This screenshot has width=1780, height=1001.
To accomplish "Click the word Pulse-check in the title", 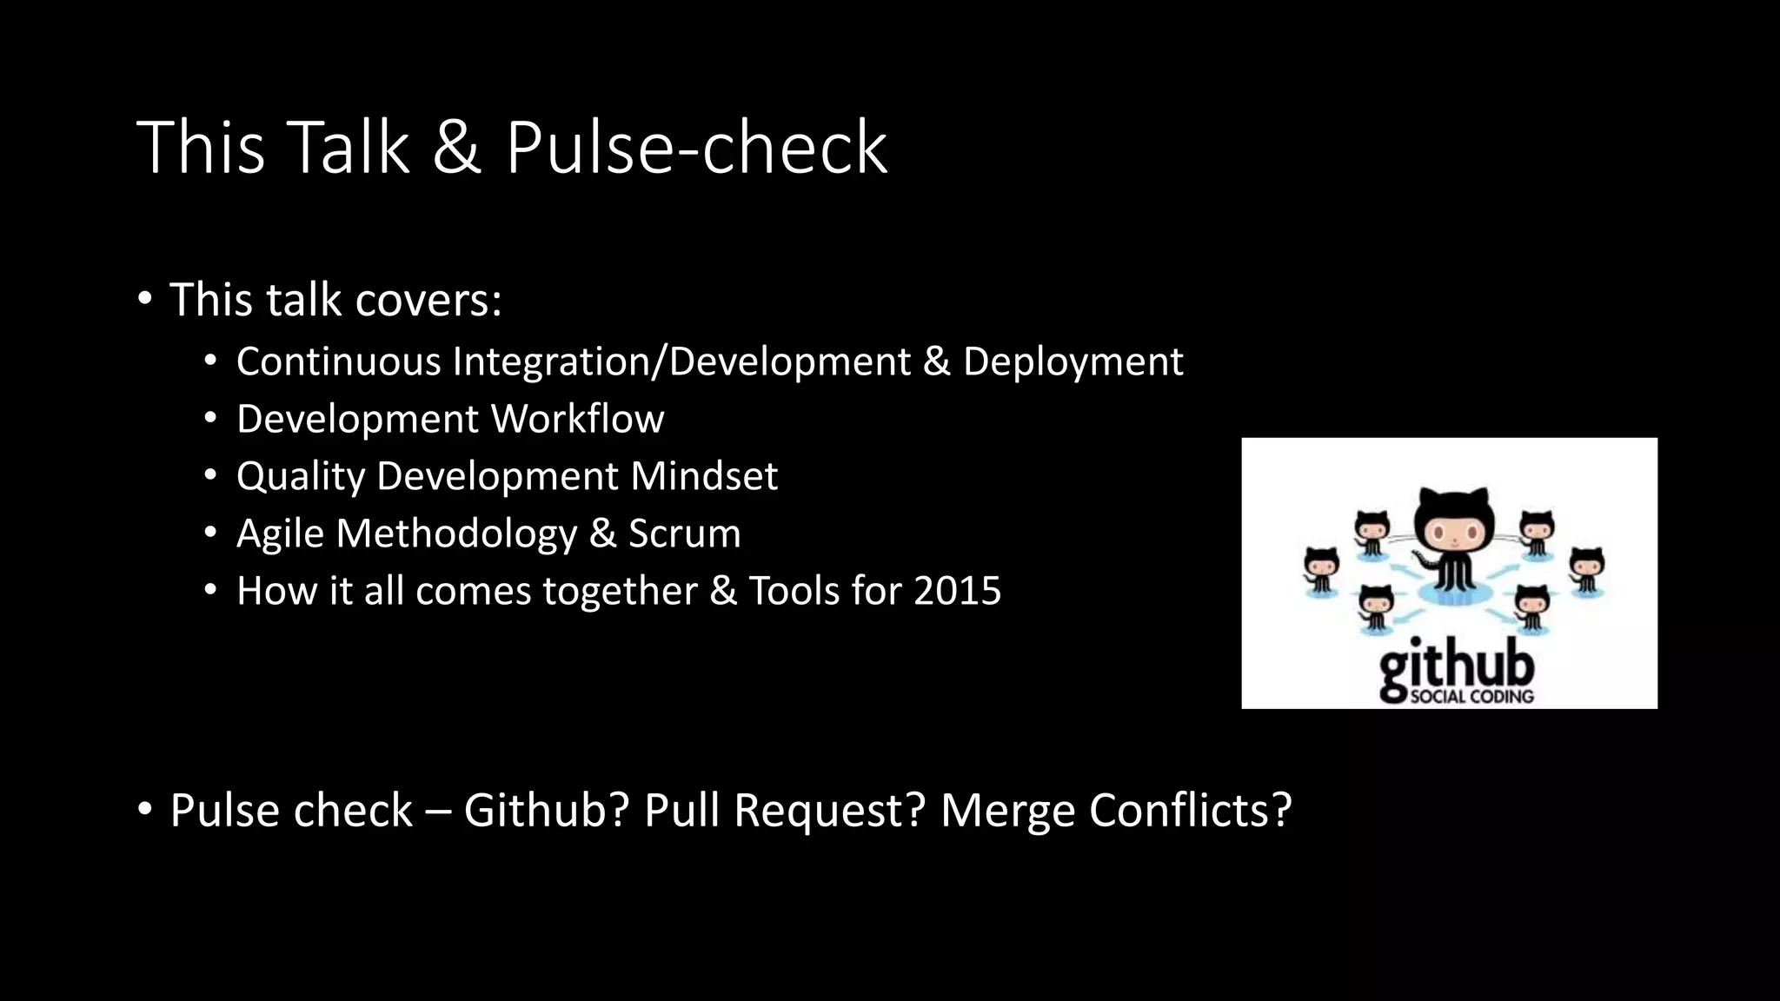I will tap(696, 148).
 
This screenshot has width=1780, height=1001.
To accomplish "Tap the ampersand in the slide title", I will tap(456, 148).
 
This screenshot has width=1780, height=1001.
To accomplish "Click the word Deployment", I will tap(1073, 361).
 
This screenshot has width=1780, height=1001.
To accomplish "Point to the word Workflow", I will tap(577, 419).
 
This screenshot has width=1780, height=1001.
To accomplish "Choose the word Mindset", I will tap(703, 476).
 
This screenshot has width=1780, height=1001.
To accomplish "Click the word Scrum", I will tap(684, 534).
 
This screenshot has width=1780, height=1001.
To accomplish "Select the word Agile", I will tap(280, 534).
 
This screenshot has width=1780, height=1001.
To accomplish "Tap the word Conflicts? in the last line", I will tap(1190, 810).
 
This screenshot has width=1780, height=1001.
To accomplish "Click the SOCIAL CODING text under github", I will tap(1471, 696).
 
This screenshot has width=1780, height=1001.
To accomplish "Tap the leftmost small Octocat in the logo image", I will tap(1322, 569).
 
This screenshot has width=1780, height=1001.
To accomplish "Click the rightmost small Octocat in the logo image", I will tap(1587, 568).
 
